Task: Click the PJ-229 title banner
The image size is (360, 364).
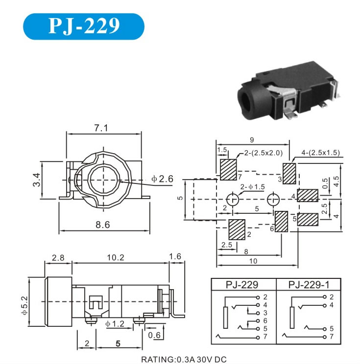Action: point(84,26)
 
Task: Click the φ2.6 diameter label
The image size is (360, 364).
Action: point(163,179)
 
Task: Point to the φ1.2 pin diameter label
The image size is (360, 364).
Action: point(115,323)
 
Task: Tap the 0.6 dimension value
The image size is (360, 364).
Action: point(155,335)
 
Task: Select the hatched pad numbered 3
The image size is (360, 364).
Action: point(289,172)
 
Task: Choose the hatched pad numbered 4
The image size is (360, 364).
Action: point(308,196)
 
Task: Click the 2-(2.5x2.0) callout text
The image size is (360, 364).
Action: point(264,153)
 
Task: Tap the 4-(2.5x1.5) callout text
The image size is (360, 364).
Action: point(321,153)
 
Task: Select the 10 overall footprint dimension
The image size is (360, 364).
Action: point(253,261)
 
